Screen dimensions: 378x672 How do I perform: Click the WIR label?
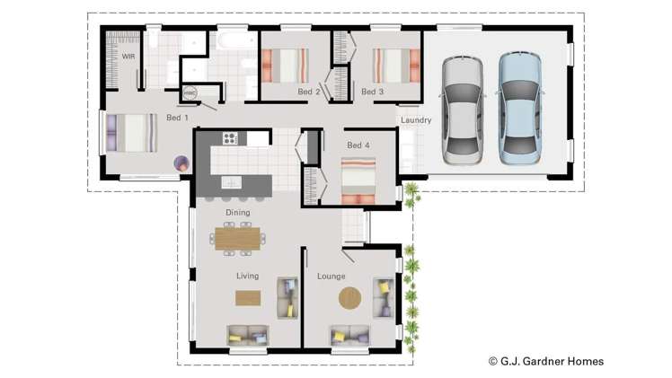coord(128,56)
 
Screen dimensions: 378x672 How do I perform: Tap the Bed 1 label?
coord(177,118)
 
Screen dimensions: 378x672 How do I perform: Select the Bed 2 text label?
coord(309,92)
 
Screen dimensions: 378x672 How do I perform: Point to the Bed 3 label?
coord(372,92)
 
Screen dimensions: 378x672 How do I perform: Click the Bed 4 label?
coord(358,145)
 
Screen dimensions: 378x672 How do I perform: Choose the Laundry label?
coord(416,120)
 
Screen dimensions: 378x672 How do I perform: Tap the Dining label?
coord(238,213)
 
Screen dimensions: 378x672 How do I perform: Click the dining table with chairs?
coord(238,238)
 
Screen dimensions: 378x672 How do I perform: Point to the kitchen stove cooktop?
coord(229,138)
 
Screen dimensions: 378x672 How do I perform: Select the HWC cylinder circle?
coord(190,92)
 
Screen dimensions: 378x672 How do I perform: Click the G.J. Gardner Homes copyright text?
coord(545,361)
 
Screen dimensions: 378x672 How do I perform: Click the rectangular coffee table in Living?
coord(248,298)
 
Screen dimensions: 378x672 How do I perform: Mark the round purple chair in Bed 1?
coord(181,163)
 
